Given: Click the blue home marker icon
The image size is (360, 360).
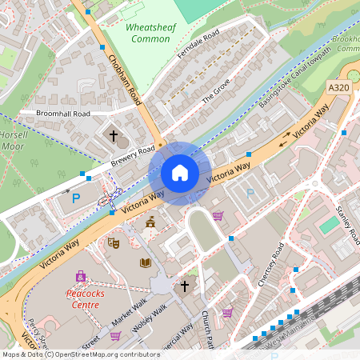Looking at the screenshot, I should (180, 172).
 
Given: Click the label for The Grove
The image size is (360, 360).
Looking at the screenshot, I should (215, 94).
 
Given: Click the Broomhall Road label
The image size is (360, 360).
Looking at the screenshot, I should (63, 114).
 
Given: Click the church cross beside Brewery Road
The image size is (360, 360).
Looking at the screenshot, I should (113, 136).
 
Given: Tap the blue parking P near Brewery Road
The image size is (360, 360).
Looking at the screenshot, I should (77, 198).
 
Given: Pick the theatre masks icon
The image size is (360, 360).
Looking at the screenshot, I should (113, 242).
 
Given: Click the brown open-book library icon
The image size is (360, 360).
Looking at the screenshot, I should (146, 262).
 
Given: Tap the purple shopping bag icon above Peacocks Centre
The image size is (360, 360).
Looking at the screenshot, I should (80, 276).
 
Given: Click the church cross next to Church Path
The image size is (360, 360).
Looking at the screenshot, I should (185, 285).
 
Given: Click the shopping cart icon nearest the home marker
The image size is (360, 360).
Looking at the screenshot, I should (218, 215).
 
